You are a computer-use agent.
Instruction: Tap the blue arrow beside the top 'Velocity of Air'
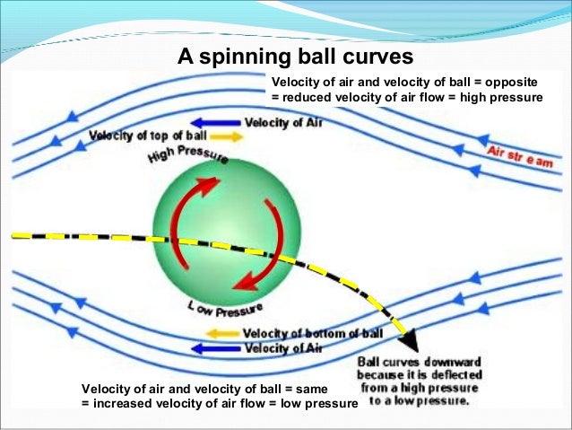(x=216, y=121)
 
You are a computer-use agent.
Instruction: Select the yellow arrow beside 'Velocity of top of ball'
(x=229, y=136)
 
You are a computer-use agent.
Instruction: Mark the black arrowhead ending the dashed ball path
(x=410, y=338)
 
